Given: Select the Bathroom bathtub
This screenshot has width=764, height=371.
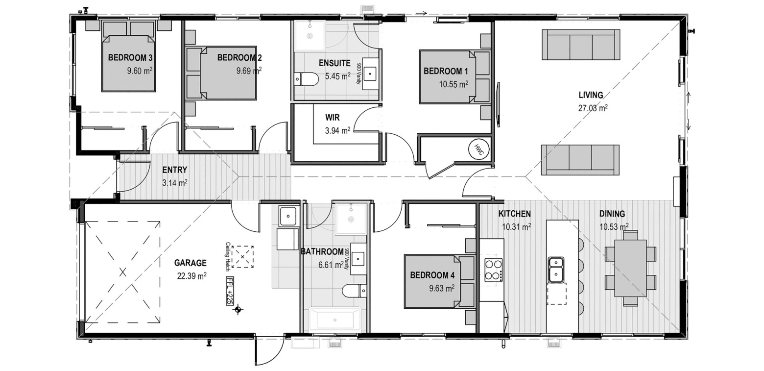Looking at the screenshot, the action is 335,320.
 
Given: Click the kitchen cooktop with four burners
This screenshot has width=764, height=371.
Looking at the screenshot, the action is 494,270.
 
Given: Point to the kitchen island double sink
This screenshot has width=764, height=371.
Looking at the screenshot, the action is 556,270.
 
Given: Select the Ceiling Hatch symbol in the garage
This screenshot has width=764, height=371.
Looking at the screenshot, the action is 242,257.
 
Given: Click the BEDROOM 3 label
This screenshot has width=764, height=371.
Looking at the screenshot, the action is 130,58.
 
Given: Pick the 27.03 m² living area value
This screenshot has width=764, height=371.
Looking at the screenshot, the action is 593,108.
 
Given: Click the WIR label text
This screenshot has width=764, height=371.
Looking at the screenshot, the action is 332,118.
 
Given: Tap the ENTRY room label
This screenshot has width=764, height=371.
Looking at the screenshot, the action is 175,170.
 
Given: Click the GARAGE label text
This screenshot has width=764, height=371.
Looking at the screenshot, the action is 191,263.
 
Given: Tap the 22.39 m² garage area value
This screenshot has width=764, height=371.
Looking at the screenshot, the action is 191,276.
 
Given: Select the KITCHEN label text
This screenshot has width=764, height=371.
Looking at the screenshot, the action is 515,214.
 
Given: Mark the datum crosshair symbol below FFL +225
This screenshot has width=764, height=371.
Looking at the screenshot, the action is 238,310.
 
